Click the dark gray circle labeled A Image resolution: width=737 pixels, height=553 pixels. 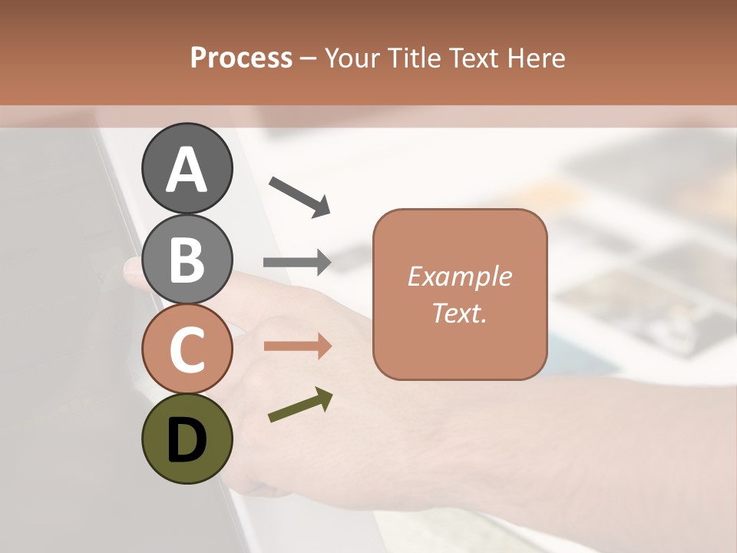(x=187, y=168)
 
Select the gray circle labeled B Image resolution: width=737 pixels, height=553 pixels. (x=187, y=259)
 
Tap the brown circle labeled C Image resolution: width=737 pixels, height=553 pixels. (x=187, y=349)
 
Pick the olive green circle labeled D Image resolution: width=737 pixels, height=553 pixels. (x=187, y=439)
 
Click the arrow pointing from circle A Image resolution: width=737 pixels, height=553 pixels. (x=299, y=196)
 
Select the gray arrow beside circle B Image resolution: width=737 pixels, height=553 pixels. (x=297, y=263)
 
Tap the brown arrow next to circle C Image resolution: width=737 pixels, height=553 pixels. (x=297, y=346)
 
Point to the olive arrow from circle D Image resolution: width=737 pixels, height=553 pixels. (x=300, y=405)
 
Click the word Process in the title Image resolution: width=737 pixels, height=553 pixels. (x=241, y=58)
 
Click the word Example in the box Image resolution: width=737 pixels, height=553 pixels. (x=459, y=276)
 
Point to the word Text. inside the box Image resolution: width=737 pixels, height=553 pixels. (x=459, y=313)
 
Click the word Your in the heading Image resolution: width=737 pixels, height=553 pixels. (x=352, y=58)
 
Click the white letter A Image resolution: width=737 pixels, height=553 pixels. (x=187, y=170)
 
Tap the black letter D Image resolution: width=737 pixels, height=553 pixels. (x=187, y=441)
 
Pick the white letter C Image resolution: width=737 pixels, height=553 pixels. (x=187, y=350)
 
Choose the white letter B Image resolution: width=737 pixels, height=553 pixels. (x=187, y=260)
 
